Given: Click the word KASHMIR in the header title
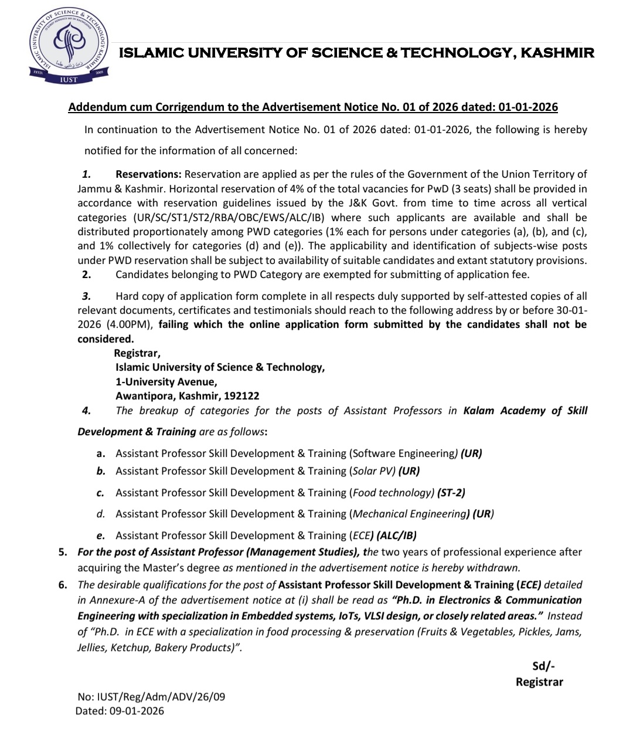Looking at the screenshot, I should [557, 53].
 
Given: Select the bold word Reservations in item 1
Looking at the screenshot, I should [149, 174].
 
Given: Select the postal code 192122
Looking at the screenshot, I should [239, 396].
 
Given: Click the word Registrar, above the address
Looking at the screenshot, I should [137, 353].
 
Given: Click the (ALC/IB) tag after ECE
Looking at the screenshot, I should [396, 536].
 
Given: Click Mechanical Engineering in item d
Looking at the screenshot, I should [408, 514].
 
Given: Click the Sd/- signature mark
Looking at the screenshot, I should [543, 666].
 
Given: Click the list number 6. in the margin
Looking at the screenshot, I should [63, 585].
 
